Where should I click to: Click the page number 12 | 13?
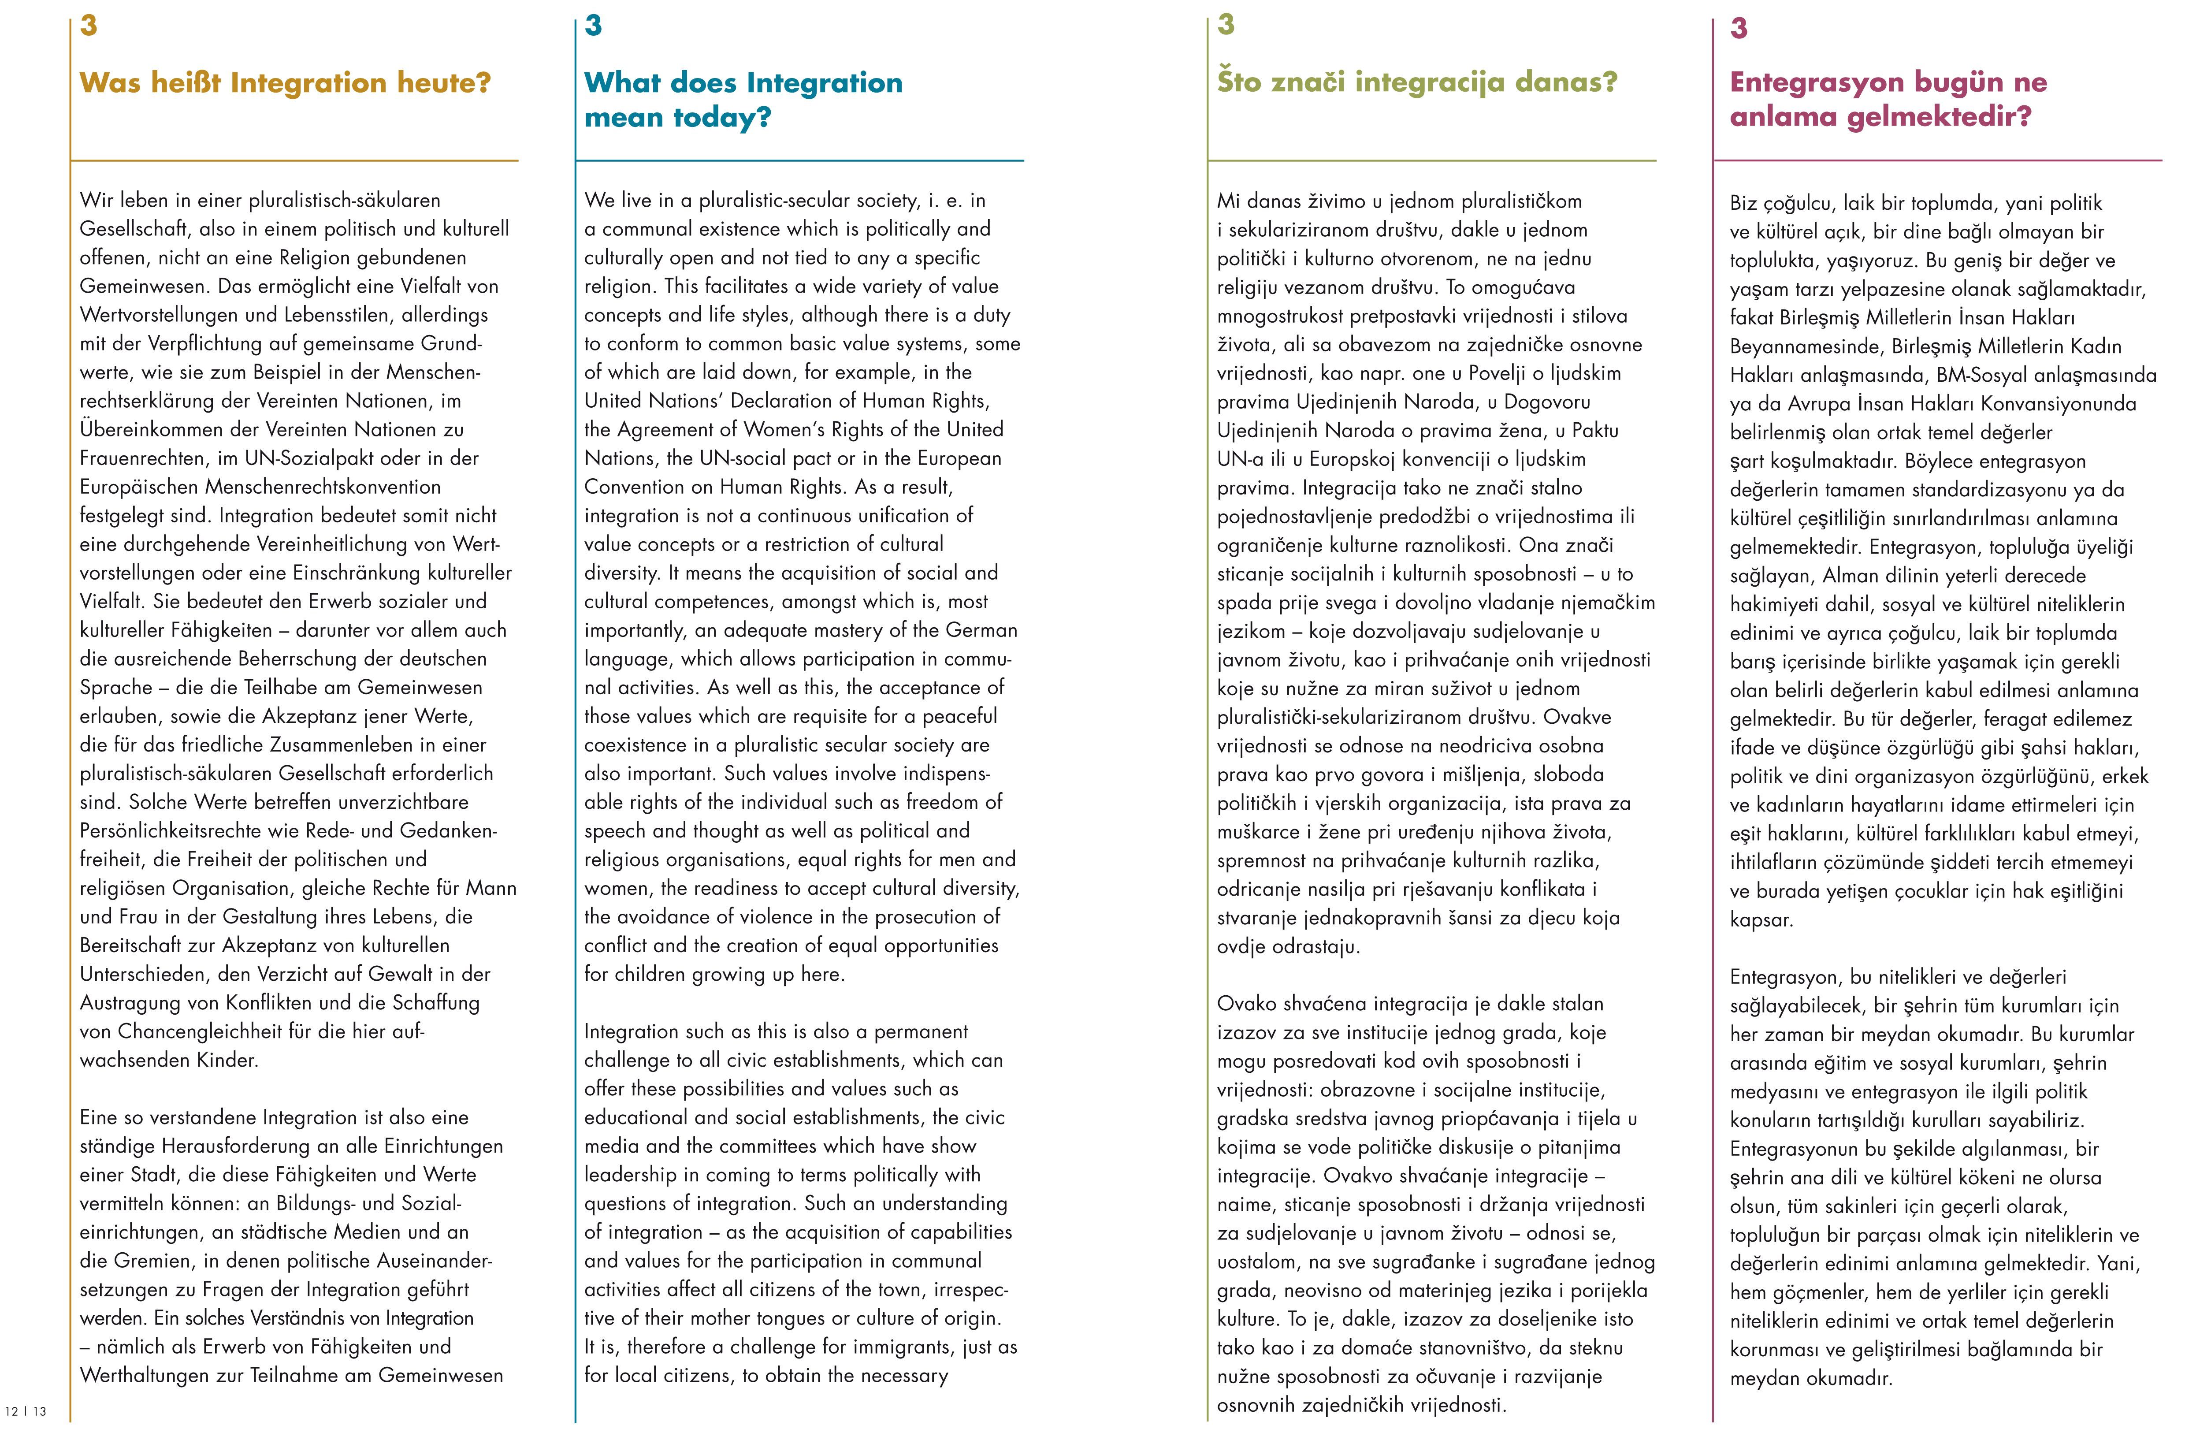click(26, 1410)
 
